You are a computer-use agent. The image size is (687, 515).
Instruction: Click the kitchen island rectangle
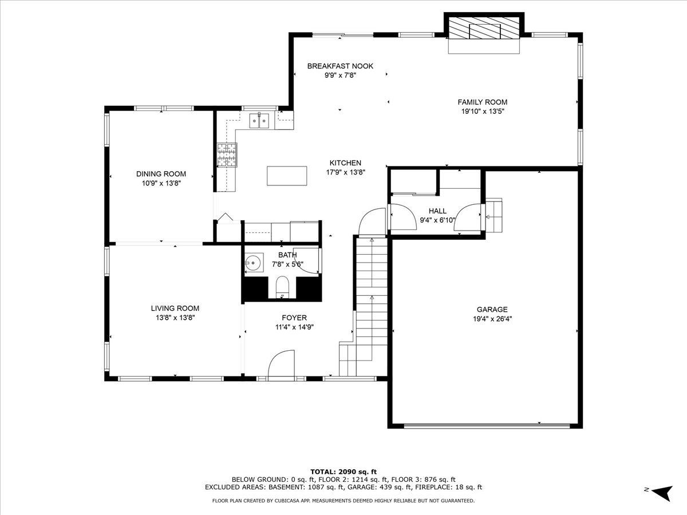pos(287,176)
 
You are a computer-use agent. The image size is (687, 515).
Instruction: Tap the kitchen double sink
pos(259,121)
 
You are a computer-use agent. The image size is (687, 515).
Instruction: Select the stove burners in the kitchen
pos(227,155)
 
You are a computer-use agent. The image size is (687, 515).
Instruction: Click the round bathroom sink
pos(253,262)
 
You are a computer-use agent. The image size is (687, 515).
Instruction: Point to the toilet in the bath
pos(282,287)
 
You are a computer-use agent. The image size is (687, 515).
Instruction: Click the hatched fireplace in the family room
pos(484,28)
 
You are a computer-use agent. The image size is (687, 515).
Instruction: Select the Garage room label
pos(492,309)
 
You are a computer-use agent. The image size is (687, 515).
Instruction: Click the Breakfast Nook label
pos(340,66)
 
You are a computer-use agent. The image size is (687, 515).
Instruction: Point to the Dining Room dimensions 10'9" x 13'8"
pos(161,183)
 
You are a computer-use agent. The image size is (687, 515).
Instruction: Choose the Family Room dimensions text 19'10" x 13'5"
pos(483,112)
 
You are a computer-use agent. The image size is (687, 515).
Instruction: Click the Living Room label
pos(175,308)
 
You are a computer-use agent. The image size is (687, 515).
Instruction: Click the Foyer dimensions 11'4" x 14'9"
pos(294,327)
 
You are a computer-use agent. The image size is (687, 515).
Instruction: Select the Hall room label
pos(437,211)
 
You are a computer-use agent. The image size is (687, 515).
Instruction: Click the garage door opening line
pos(487,426)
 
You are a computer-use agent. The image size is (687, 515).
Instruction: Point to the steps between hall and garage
pos(494,215)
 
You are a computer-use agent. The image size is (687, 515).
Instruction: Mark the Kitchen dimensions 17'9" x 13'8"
pos(346,172)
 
